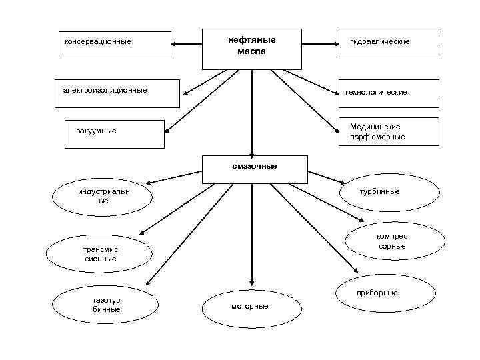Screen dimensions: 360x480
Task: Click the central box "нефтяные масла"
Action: click(x=251, y=48)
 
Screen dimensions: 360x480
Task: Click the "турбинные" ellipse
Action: click(x=390, y=193)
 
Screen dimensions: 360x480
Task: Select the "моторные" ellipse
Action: click(x=251, y=306)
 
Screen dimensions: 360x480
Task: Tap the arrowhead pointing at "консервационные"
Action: click(x=175, y=44)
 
